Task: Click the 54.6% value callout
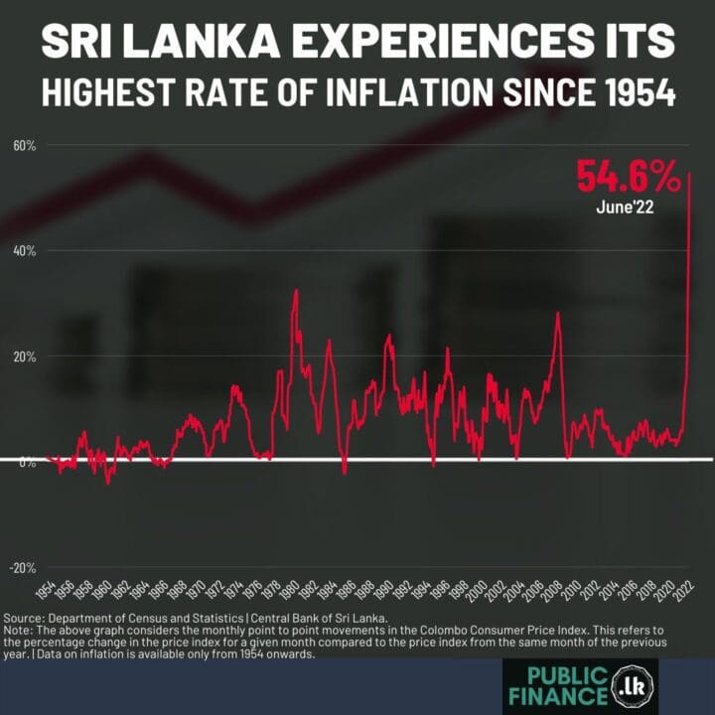pyautogui.click(x=629, y=178)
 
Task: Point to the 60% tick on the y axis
pyautogui.click(x=24, y=146)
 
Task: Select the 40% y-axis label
pyautogui.click(x=24, y=251)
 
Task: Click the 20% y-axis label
pyautogui.click(x=24, y=357)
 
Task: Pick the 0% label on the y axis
pyautogui.click(x=27, y=462)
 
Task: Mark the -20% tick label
pyautogui.click(x=23, y=568)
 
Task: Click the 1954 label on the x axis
pyautogui.click(x=46, y=594)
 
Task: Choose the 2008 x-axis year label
pyautogui.click(x=555, y=594)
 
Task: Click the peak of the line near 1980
pyautogui.click(x=295, y=290)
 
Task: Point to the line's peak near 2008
pyautogui.click(x=558, y=313)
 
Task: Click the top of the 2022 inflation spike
pyautogui.click(x=690, y=174)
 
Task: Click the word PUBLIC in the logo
pyautogui.click(x=563, y=676)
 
